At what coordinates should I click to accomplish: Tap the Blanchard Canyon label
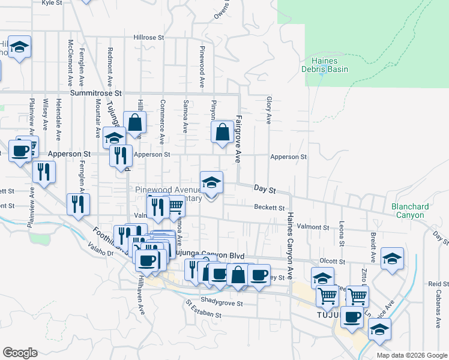point(410,211)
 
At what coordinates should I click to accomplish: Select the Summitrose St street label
point(95,94)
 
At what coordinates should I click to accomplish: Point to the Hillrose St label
point(148,37)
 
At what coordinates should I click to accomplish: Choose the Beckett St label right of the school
point(268,208)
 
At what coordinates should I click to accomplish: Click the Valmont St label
point(312,227)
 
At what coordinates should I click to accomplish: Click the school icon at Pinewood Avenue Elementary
point(211,182)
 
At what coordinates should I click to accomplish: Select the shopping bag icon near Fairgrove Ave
point(222,133)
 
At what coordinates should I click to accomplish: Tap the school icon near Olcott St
point(392,259)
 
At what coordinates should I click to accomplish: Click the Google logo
point(20,353)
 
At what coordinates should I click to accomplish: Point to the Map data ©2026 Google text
point(412,355)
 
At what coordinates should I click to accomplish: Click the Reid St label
point(435,284)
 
